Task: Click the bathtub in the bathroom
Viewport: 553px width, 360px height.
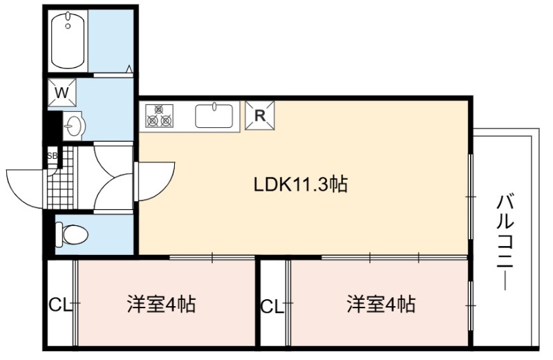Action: click(68, 41)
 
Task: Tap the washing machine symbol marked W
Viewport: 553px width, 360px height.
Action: click(62, 93)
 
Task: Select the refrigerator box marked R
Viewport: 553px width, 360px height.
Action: click(260, 115)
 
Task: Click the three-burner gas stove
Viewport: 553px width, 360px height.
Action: click(160, 115)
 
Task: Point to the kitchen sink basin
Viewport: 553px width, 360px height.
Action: click(214, 115)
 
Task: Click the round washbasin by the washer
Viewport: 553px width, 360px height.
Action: click(73, 124)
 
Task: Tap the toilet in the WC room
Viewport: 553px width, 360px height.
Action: click(72, 234)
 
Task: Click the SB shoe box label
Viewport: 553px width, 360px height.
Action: click(53, 155)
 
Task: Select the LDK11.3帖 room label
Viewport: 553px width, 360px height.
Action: click(301, 184)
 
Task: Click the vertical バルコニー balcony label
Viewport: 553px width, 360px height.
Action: click(505, 243)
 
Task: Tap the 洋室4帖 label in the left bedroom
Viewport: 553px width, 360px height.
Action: click(161, 304)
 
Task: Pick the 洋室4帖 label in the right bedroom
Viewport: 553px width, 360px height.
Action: click(381, 304)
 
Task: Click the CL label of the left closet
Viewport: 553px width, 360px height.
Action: click(60, 305)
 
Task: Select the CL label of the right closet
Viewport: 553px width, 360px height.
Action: click(272, 306)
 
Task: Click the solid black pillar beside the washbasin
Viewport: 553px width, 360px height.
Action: click(55, 126)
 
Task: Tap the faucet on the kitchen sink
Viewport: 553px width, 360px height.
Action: click(214, 106)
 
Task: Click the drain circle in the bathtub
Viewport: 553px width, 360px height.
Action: click(68, 26)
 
